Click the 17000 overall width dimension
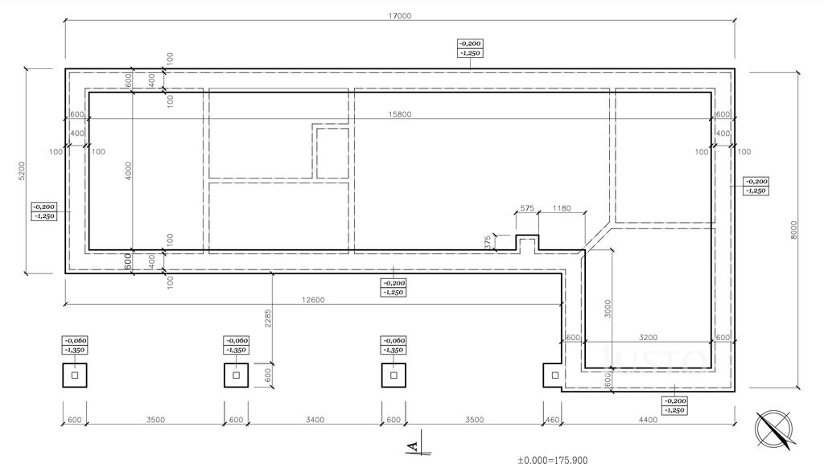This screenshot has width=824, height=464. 400,16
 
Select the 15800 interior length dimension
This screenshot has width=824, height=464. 400,114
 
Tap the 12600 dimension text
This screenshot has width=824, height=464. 313,300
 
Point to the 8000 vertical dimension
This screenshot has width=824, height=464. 794,230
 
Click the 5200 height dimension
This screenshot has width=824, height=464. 22,170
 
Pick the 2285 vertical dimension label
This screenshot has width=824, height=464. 267,318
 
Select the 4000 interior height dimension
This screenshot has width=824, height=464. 129,171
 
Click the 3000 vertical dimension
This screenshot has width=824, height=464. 608,309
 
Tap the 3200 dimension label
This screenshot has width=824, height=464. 648,338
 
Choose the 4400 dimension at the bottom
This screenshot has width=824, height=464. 648,420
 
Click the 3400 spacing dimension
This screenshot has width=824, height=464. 315,420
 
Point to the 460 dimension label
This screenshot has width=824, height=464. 552,420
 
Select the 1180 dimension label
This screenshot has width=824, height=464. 562,208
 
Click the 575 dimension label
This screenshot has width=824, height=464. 527,208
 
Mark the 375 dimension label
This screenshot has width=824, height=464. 488,242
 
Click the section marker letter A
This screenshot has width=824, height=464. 414,446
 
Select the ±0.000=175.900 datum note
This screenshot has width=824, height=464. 553,460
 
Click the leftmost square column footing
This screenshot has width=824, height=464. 75,376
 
